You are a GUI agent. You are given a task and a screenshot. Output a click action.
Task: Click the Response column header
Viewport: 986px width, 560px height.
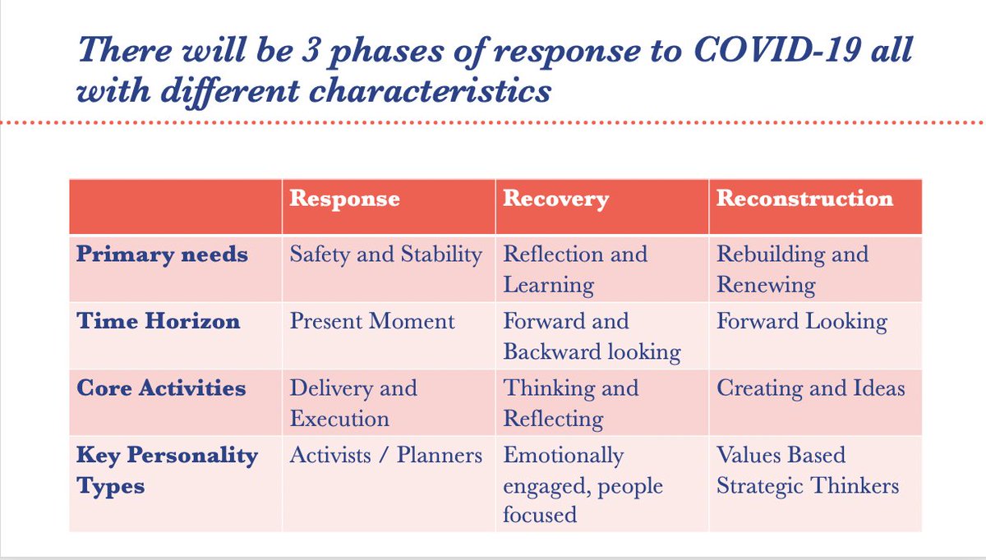[344, 199]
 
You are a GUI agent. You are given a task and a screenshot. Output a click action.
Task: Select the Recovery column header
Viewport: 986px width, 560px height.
[556, 199]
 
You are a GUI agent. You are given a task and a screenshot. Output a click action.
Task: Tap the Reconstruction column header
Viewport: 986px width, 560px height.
[804, 199]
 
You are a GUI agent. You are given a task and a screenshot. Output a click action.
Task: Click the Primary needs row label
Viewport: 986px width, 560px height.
[162, 255]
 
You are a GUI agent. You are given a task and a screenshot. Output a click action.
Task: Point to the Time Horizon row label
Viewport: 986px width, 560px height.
[159, 321]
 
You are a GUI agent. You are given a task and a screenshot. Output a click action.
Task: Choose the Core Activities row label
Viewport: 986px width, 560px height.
[161, 388]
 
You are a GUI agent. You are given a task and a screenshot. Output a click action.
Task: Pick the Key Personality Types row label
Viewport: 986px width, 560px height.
[168, 470]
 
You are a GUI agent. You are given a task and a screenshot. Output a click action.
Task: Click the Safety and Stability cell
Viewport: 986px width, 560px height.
[386, 255]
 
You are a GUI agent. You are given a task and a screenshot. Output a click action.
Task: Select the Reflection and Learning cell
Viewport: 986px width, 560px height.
[575, 269]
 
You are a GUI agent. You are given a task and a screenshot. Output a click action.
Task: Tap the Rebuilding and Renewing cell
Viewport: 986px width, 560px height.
[792, 269]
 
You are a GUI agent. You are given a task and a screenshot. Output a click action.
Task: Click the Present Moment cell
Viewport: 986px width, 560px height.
[372, 321]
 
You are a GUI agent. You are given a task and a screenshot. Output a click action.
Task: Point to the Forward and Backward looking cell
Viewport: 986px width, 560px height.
[592, 337]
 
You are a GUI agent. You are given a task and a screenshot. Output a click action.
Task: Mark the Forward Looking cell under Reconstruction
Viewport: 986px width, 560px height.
[802, 321]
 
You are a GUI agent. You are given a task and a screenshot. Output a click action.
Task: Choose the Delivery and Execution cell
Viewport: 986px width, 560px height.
[353, 403]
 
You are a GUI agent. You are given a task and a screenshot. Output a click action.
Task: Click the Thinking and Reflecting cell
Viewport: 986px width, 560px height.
[570, 403]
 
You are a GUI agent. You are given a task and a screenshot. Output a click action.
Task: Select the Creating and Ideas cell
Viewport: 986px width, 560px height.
[811, 388]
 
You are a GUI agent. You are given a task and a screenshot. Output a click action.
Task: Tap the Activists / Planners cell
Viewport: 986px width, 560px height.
[386, 456]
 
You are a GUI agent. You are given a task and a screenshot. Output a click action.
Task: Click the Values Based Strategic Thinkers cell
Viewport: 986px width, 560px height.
[808, 470]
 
